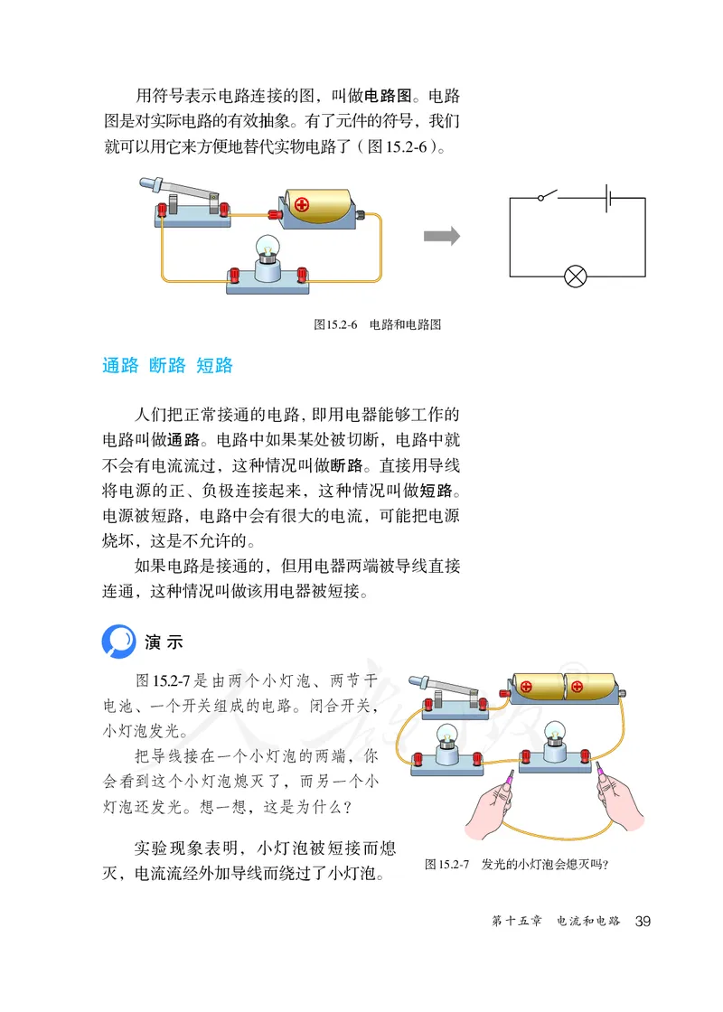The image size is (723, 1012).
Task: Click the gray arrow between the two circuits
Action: pos(442,237)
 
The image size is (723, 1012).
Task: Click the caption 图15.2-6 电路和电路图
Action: pos(377,324)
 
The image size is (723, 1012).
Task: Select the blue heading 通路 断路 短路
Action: pos(168,365)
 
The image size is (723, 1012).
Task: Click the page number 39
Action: pos(643,921)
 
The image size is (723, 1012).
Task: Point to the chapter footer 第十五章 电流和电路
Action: pos(555,921)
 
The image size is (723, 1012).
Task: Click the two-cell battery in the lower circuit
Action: pos(564,688)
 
